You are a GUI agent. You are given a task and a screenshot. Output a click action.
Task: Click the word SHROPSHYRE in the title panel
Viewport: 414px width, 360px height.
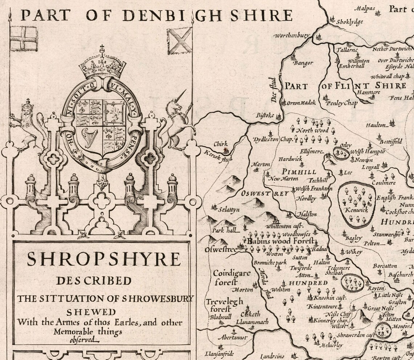[x=103, y=259]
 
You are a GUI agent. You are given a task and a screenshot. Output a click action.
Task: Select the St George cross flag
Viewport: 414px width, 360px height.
[x=24, y=38]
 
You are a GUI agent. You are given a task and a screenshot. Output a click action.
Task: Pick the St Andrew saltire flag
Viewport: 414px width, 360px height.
[x=179, y=41]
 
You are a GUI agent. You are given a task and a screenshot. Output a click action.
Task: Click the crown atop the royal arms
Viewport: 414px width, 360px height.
[x=102, y=65]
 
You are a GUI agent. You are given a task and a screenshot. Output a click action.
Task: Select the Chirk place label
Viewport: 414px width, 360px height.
[x=220, y=144]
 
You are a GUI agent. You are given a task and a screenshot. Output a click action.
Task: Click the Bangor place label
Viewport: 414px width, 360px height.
[x=303, y=63]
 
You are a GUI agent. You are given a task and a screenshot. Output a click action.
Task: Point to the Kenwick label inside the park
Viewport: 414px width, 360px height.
[x=357, y=210]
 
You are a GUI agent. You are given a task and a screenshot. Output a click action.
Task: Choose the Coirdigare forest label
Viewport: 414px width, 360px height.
[x=231, y=277]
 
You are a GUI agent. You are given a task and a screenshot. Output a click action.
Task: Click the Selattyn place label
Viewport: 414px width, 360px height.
[x=229, y=209]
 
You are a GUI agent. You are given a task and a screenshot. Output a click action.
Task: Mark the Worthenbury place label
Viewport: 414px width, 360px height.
[x=292, y=36]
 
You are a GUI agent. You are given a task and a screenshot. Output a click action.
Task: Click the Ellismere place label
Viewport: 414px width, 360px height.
[x=311, y=151]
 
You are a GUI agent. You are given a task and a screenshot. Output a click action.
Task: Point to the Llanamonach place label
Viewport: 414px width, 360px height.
[x=252, y=322]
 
